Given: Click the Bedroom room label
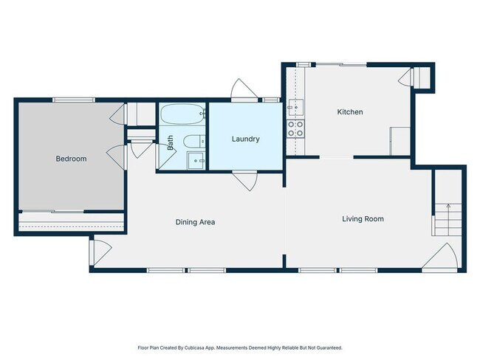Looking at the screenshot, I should tap(71, 159).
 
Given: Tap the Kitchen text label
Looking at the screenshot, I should tap(350, 112).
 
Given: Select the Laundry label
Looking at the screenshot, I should tap(245, 139).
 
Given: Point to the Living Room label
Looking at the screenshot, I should tap(363, 218).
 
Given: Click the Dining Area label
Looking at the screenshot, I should tap(195, 221).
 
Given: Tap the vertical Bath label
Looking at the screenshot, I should tap(170, 142).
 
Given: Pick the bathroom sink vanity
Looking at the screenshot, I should tap(197, 160).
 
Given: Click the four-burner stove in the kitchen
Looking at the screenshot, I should tap(295, 129).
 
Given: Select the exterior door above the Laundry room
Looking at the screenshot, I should tap(244, 91).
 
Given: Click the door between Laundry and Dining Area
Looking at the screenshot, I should tap(244, 181).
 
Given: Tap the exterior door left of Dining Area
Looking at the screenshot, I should tap(100, 252).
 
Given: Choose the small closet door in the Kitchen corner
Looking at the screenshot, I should tap(407, 77).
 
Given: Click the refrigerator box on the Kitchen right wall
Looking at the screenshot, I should tap(400, 140).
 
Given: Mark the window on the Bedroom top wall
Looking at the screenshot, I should tap(74, 100).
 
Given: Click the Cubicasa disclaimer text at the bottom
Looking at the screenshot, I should tap(240, 347).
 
